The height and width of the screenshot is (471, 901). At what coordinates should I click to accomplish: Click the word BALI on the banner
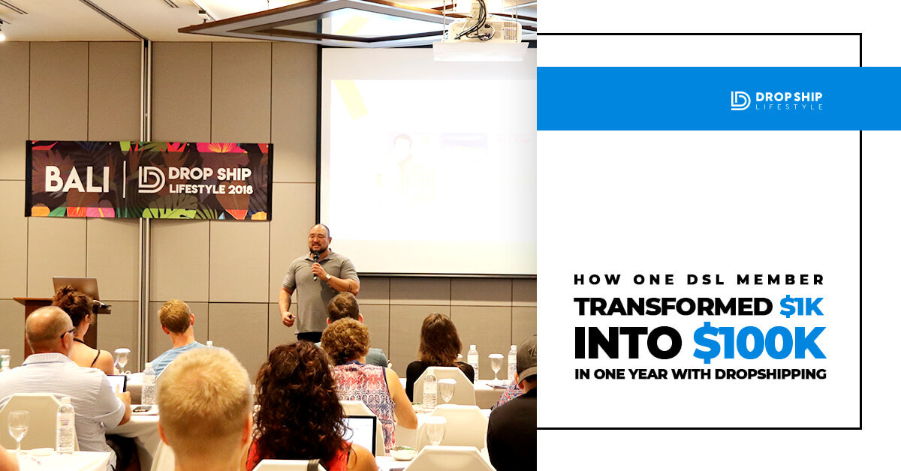point(77,179)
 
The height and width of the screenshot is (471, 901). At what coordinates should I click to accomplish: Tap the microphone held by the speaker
point(316,265)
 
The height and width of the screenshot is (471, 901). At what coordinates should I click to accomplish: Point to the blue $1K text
point(801,307)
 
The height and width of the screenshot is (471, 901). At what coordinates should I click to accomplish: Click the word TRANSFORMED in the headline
point(673,307)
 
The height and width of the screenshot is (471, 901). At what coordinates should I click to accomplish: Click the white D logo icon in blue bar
point(740,100)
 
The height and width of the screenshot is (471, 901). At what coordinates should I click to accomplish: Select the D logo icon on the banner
point(151,180)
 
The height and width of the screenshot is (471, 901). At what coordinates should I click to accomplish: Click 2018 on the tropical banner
point(240,189)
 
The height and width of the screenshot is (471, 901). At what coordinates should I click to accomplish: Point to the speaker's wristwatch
point(327,277)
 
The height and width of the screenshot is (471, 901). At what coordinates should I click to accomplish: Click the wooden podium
point(60,322)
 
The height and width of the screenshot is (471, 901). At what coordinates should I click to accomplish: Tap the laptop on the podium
point(76,288)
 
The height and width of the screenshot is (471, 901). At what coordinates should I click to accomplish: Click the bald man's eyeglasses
point(68,333)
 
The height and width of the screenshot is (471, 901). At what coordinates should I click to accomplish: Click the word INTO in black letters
point(628,343)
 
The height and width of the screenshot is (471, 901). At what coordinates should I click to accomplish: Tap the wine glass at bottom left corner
point(18,427)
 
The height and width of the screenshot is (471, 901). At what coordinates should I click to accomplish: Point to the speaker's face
point(319,240)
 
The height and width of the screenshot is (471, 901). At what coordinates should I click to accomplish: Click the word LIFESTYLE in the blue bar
point(789,107)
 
